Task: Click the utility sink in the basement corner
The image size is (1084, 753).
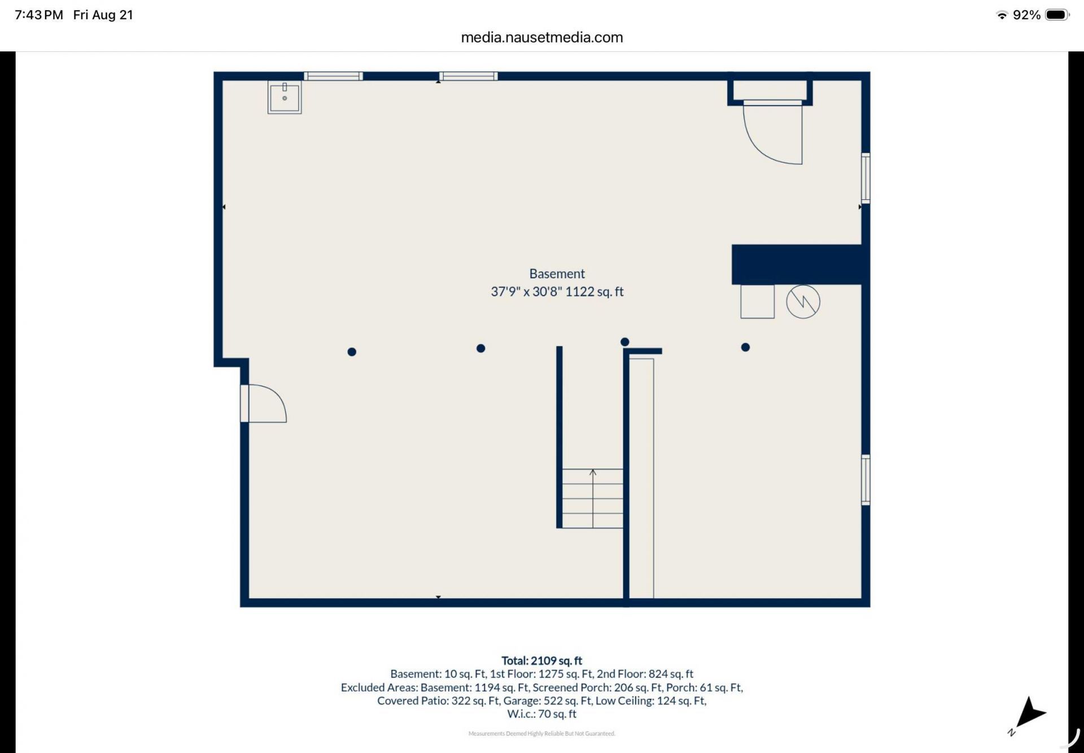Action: (x=285, y=97)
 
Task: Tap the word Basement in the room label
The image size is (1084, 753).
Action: (x=557, y=274)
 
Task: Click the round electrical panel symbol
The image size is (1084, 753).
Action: (x=803, y=302)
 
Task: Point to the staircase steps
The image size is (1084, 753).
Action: (x=592, y=498)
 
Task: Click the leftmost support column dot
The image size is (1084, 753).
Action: (x=352, y=352)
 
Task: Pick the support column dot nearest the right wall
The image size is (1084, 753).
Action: (x=745, y=347)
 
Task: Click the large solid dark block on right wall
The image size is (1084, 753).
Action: (x=797, y=264)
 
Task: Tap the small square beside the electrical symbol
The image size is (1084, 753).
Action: (x=757, y=301)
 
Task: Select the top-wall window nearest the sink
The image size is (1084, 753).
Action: (x=333, y=76)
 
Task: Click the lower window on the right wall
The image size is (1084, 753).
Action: (x=866, y=479)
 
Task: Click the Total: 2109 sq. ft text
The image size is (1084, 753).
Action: (x=541, y=660)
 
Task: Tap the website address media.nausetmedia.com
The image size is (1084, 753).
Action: (x=542, y=37)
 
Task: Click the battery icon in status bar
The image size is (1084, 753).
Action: (x=1057, y=15)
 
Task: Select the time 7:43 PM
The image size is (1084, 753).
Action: (x=39, y=15)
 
